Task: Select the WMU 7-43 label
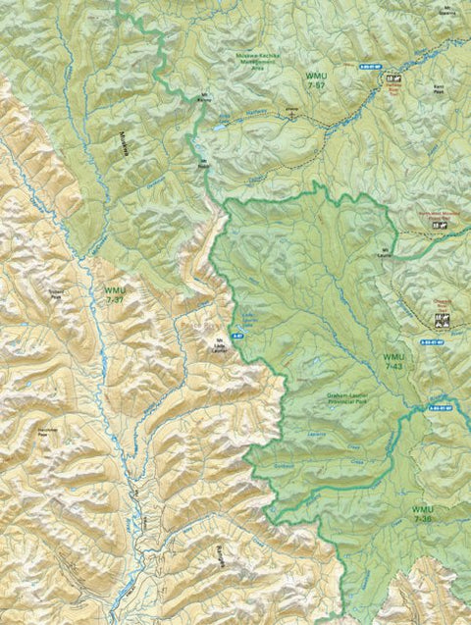point(393,361)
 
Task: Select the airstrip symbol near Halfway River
point(290,113)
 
